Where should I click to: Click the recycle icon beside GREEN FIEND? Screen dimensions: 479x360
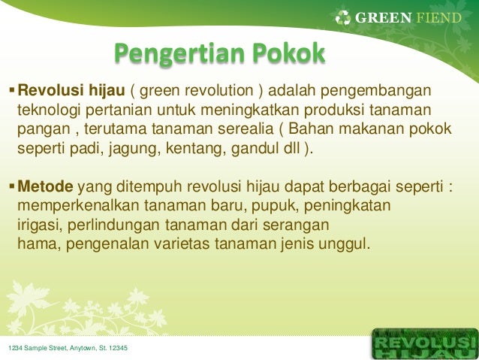click(x=343, y=18)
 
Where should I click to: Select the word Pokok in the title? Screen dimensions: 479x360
click(x=289, y=53)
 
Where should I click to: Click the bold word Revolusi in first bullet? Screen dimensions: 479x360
click(x=51, y=90)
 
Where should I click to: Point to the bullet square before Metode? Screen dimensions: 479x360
click(x=12, y=186)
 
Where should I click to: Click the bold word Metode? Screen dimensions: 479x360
click(x=46, y=186)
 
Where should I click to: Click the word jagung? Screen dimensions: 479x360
click(x=134, y=150)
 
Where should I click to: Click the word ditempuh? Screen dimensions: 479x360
click(x=149, y=187)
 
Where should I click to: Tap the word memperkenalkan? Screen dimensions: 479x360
click(x=78, y=205)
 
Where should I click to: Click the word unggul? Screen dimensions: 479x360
click(x=344, y=245)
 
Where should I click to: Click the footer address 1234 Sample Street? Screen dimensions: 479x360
click(x=68, y=348)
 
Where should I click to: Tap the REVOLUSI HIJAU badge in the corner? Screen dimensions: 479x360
click(x=425, y=343)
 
